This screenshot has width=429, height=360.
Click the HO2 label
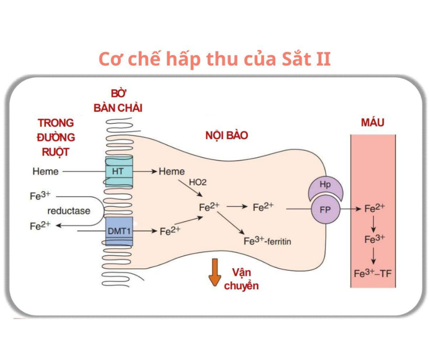pos(198,182)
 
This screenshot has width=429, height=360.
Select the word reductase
pos(68,211)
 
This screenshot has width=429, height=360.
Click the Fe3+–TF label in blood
pos(373,274)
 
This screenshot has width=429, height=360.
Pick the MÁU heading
pos(372,122)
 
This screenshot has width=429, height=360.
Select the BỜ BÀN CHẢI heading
pos(118,101)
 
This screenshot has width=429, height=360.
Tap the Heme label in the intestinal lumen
pos(46,171)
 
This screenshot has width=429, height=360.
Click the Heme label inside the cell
pos(172,171)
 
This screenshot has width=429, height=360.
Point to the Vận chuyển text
pos(241,279)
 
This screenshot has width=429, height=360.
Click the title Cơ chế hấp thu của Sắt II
pos(214,59)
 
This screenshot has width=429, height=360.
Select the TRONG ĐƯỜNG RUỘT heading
pos(56,137)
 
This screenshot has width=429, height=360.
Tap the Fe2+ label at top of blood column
pos(375,209)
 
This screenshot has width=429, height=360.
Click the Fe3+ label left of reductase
pos(40,196)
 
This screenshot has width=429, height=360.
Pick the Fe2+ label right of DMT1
pos(170,231)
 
